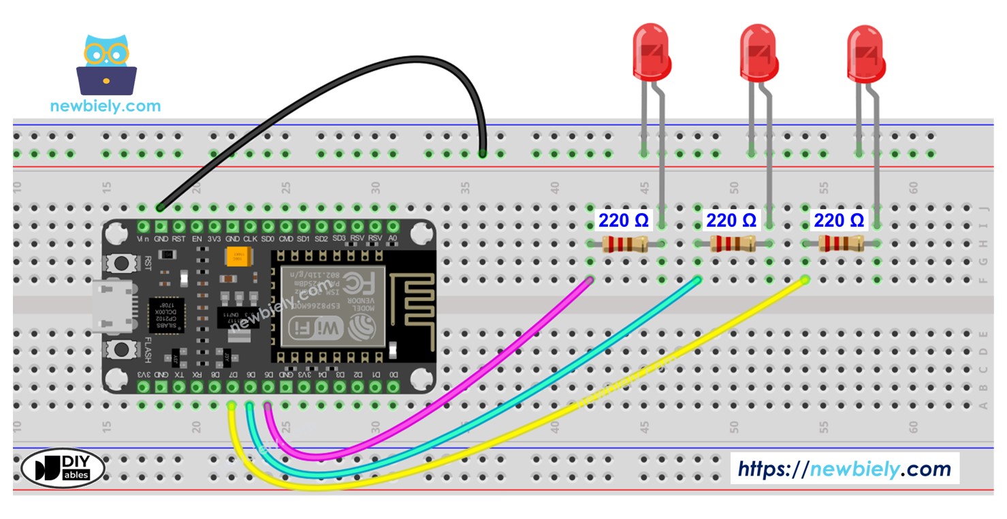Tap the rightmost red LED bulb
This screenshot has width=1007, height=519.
[x=865, y=52]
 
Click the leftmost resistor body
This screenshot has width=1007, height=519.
[x=624, y=244]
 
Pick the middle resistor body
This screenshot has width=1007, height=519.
[x=733, y=244]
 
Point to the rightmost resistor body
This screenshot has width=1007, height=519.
[x=841, y=244]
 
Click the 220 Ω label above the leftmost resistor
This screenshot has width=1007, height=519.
[x=623, y=221]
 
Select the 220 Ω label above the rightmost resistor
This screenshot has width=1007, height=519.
[x=839, y=221]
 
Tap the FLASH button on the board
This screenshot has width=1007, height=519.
[x=123, y=349]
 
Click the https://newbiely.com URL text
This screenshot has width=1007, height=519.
[x=844, y=469]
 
